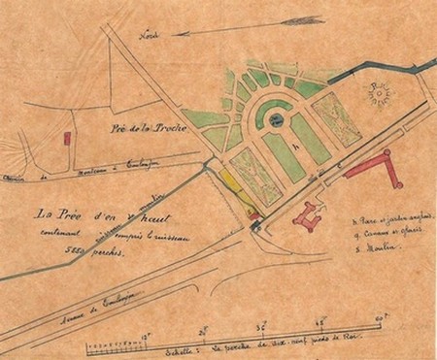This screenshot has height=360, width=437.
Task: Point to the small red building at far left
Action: point(67,139)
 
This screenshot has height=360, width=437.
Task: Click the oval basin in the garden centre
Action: point(277,119)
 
